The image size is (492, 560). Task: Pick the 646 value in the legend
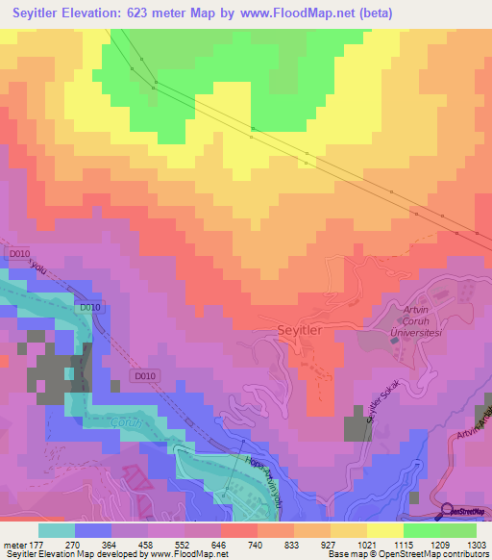pyautogui.click(x=220, y=545)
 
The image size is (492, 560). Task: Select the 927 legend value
pyautogui.click(x=329, y=545)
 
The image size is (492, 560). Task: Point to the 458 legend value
pyautogui.click(x=147, y=545)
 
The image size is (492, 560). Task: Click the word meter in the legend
pyautogui.click(x=14, y=545)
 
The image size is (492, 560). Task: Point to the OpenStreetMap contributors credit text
pyautogui.click(x=433, y=555)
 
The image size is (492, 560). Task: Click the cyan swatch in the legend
pyautogui.click(x=56, y=530)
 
